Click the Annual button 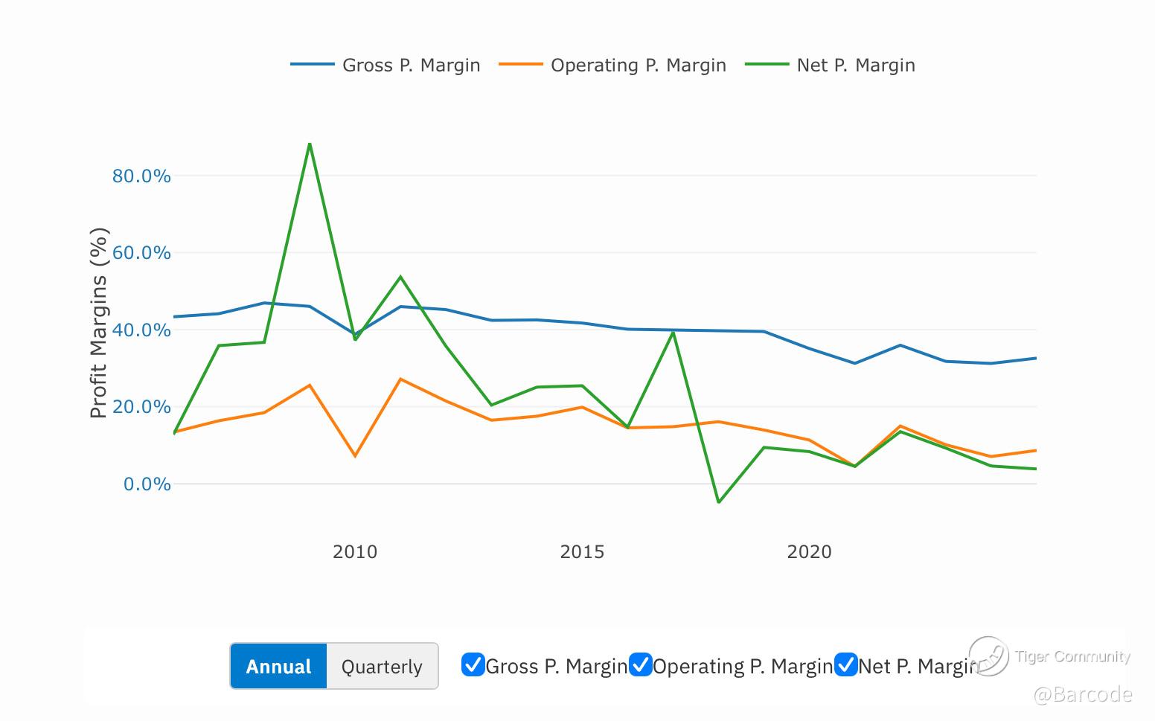(278, 666)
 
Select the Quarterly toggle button (382, 666)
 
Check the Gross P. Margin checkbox (473, 664)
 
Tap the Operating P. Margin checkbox (641, 664)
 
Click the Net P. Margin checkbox (846, 664)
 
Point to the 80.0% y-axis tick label (141, 176)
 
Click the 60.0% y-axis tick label (141, 253)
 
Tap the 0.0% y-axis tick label (147, 484)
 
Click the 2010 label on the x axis (355, 552)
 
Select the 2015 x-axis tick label (582, 552)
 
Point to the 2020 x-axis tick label (809, 552)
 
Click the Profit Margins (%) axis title (99, 323)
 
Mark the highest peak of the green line (310, 144)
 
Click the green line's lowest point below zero (718, 502)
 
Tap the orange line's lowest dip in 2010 (355, 455)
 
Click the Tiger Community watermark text (1072, 656)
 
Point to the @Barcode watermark (1083, 695)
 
